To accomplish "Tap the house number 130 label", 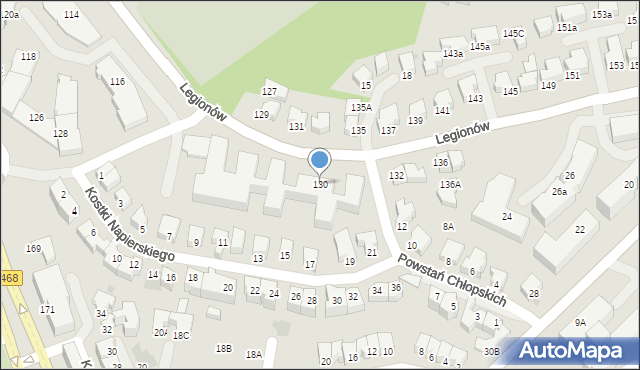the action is [321, 185].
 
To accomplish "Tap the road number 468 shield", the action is [10, 278].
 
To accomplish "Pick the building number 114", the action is [71, 15].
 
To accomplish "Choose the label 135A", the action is [361, 107].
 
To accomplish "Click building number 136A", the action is [450, 185].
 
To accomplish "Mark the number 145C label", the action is [513, 34].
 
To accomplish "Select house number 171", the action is [47, 310].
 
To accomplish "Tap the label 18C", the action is [181, 336].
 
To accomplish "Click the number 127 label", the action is [269, 91].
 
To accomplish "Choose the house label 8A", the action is [449, 227].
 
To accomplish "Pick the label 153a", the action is [601, 15].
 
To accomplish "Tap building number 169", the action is [33, 248].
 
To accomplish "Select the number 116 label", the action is [117, 81].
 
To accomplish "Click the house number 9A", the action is [580, 323].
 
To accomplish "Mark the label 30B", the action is [491, 352].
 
